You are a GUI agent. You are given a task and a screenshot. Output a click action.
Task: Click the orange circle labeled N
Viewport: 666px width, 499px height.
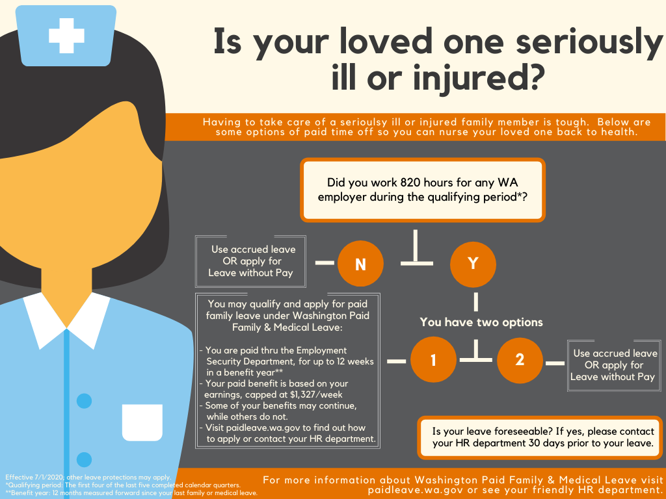(360, 263)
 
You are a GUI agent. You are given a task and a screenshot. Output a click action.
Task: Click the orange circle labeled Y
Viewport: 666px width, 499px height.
(473, 263)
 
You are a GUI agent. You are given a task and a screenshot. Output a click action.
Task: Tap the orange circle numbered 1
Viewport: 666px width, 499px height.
(433, 359)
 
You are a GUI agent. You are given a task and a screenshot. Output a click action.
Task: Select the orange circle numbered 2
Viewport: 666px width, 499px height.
(520, 359)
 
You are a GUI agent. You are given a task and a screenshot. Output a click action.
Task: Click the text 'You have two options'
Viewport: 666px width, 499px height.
(481, 322)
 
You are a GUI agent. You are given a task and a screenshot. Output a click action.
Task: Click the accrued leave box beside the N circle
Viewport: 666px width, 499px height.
(251, 261)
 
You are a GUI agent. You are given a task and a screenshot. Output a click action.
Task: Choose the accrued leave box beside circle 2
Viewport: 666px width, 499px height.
(614, 365)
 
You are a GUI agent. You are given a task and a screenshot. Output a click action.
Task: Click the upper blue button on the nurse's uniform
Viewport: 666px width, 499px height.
(84, 401)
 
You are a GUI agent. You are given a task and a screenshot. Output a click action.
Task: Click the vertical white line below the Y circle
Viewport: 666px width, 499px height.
(475, 302)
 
